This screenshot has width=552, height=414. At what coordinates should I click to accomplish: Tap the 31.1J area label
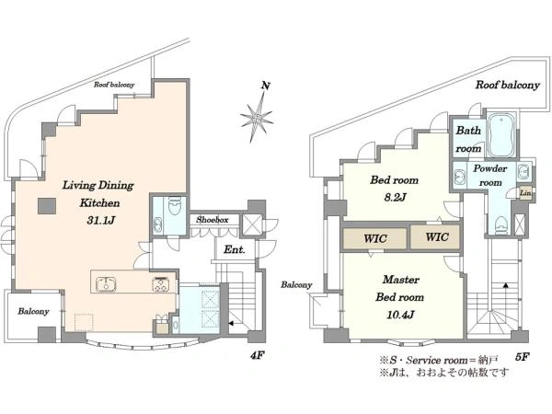(101, 221)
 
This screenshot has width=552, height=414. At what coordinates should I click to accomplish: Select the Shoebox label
(213, 220)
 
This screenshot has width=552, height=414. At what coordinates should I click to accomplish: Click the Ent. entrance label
(234, 250)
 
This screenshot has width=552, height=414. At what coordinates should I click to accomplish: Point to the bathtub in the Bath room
(501, 134)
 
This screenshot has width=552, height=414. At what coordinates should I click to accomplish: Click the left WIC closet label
(375, 238)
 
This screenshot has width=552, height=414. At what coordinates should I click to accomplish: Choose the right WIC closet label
(437, 237)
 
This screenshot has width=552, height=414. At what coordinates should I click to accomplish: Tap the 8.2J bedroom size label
(395, 198)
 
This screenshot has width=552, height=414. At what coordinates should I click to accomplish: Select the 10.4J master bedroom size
(400, 315)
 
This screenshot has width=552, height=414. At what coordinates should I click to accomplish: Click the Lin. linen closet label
(525, 193)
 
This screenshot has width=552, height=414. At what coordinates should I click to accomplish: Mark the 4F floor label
(257, 356)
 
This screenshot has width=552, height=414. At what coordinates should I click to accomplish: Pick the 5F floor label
(522, 357)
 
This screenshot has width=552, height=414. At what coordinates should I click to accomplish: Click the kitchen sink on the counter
(106, 283)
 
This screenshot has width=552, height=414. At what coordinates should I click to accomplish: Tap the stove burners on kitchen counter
(161, 284)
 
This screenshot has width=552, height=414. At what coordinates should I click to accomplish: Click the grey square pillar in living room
(47, 206)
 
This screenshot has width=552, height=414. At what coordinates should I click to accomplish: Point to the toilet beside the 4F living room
(175, 205)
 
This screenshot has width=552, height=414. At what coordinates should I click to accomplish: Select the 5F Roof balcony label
(508, 86)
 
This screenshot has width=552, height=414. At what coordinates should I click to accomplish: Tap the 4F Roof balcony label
(114, 85)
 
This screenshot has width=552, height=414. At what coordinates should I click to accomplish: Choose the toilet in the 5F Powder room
(500, 224)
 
